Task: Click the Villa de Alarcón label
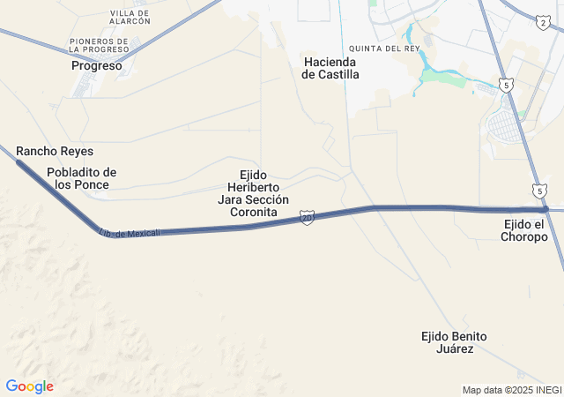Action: coord(130,16)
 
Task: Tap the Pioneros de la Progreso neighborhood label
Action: coord(101,45)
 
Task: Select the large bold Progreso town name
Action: coord(97,65)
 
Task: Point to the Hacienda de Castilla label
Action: coord(330,68)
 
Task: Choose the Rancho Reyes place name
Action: coord(55,152)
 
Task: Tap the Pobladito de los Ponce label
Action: coord(82,178)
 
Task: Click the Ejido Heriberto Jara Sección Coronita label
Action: coord(254,194)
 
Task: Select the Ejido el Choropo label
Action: coord(524,230)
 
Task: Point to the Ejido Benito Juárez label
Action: coord(448,342)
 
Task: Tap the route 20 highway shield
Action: coord(306,217)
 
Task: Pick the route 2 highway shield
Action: coord(542,22)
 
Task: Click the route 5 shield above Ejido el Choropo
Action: coord(539,191)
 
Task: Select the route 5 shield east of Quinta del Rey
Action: coord(505,85)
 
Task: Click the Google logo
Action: coord(29,386)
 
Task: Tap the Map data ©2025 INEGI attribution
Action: coord(511,390)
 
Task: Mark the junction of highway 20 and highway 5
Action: coord(546,209)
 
